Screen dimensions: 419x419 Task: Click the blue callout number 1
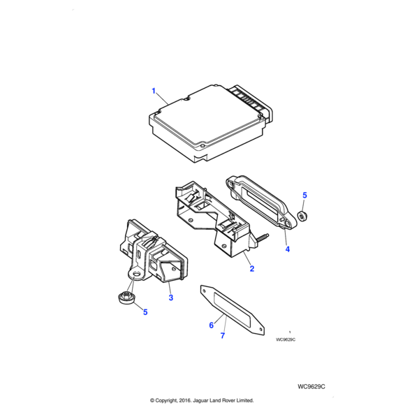tap(154, 91)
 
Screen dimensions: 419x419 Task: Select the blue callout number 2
tap(251, 269)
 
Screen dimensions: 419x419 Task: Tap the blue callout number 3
tap(171, 297)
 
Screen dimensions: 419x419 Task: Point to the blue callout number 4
tap(288, 249)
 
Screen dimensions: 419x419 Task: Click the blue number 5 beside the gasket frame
tap(304, 195)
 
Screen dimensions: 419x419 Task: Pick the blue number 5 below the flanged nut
tap(145, 312)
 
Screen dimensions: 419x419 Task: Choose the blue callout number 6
tap(212, 325)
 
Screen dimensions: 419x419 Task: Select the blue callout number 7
tap(223, 336)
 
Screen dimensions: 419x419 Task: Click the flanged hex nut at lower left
tap(126, 297)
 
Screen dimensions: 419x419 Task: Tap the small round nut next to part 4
tap(302, 216)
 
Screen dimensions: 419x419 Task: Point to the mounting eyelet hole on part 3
tap(137, 274)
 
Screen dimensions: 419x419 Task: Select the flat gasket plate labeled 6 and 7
tap(232, 310)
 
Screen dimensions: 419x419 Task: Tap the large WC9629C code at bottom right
tap(311, 387)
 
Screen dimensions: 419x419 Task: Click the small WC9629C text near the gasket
tap(286, 339)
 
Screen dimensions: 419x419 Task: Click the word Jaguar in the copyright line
tap(200, 401)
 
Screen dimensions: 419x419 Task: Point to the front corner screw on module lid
tap(203, 146)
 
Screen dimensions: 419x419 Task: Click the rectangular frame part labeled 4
tap(260, 202)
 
